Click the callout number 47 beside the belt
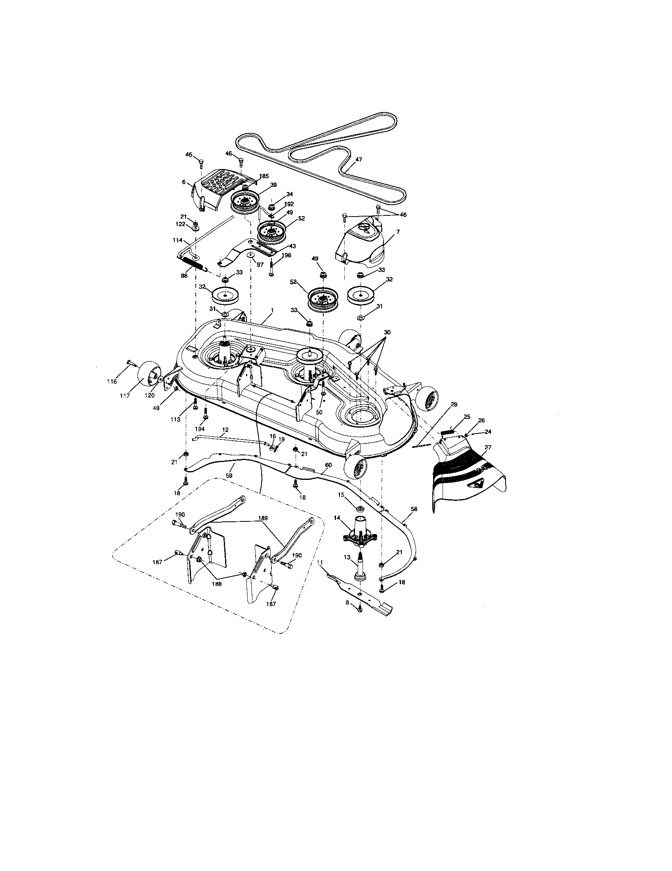tap(358, 159)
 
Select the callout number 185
tap(264, 176)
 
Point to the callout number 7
tap(397, 231)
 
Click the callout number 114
tap(177, 240)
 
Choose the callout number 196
tap(286, 255)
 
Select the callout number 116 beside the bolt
tap(112, 382)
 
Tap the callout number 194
tap(200, 429)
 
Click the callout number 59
tap(229, 476)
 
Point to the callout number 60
tap(328, 465)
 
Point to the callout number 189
tap(263, 518)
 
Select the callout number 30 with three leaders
tap(387, 332)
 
